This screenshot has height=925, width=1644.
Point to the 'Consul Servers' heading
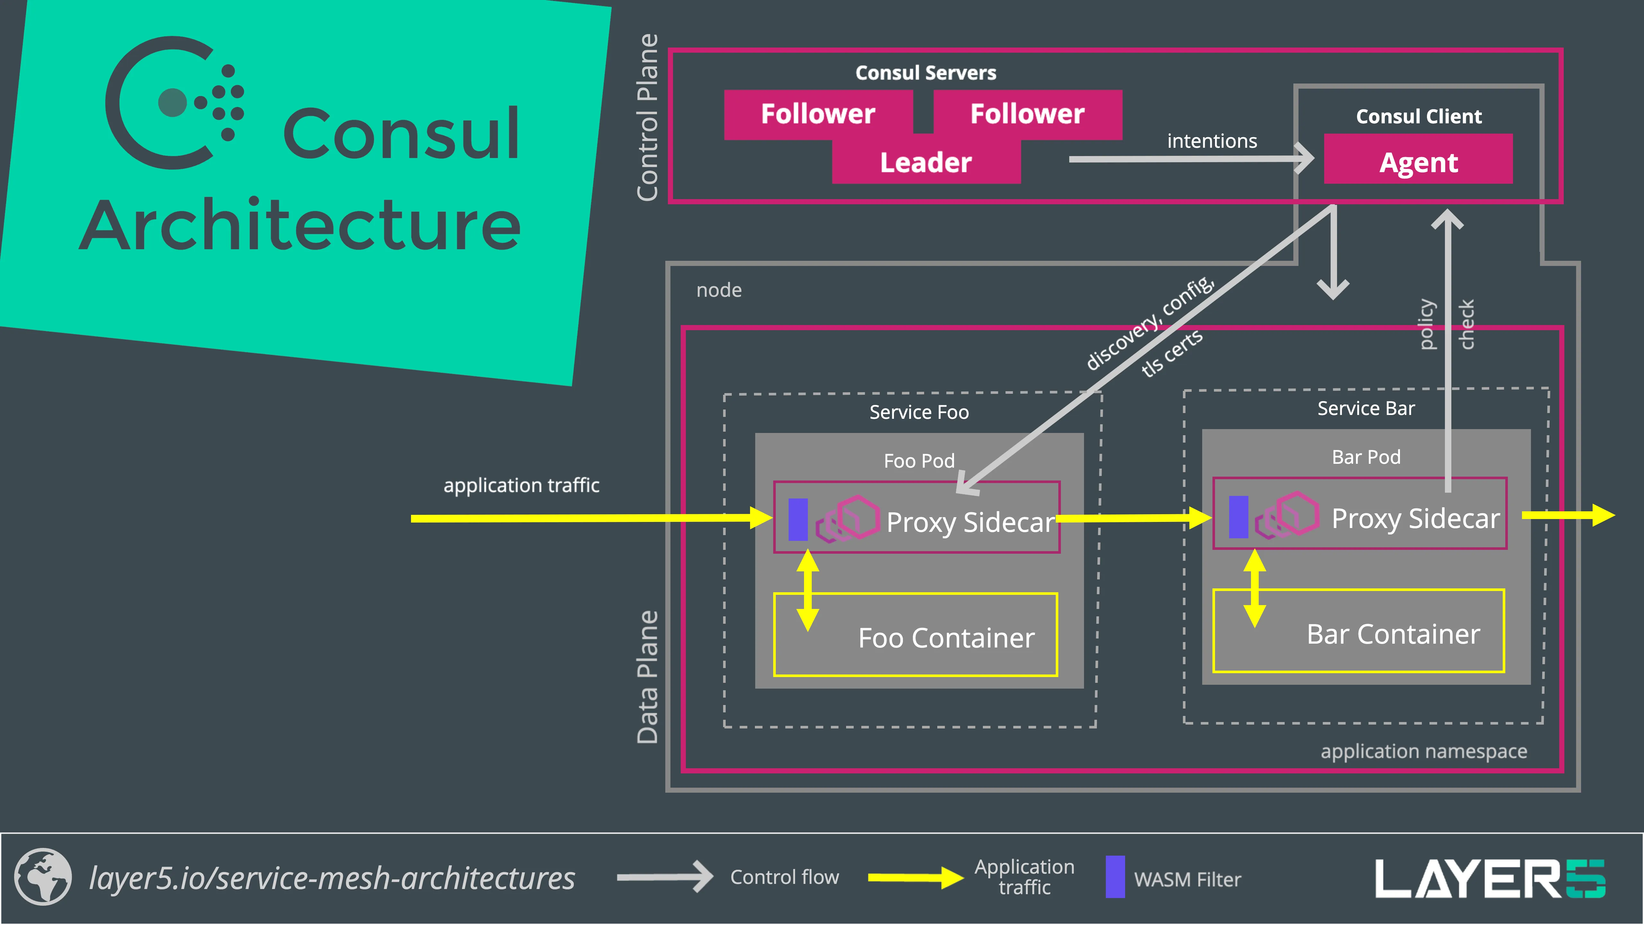click(x=925, y=73)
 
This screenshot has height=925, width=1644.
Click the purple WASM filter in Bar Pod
click(x=1238, y=516)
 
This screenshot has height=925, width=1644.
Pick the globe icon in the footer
click(x=43, y=877)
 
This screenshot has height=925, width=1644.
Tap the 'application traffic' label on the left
click(x=521, y=485)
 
